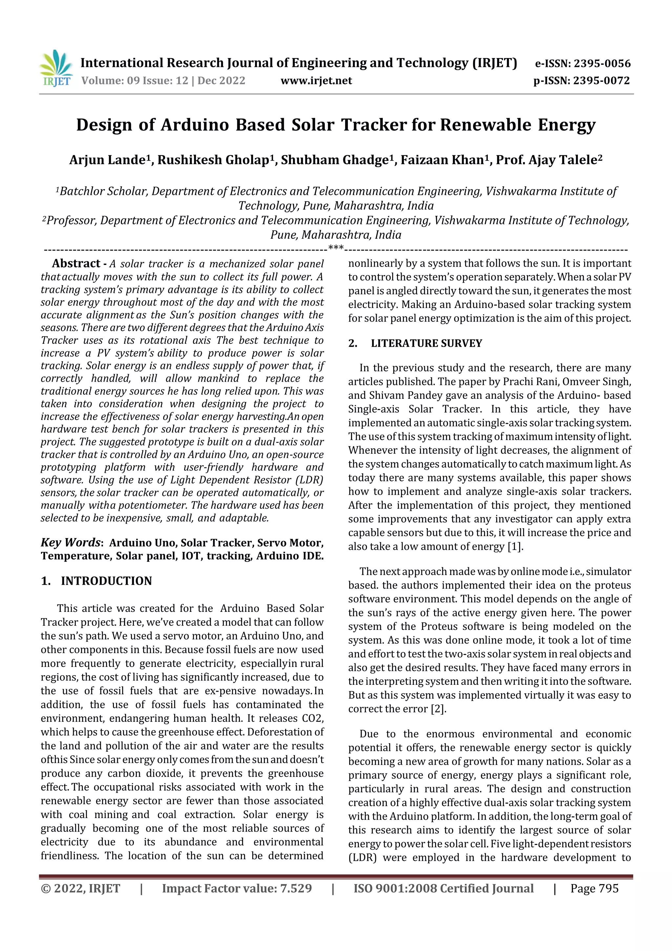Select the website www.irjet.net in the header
(x=316, y=81)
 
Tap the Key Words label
(x=71, y=543)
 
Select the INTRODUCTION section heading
(x=106, y=581)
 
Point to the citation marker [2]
(x=438, y=709)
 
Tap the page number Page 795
(x=594, y=888)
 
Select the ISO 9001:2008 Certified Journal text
(x=443, y=888)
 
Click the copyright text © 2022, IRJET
(x=80, y=888)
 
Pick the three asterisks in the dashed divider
(x=335, y=248)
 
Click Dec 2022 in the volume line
(x=221, y=81)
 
